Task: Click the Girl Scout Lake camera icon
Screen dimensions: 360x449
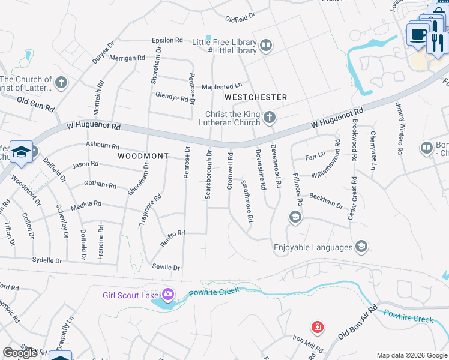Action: pos(167,294)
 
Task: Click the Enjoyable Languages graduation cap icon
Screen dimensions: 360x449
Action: pos(361,247)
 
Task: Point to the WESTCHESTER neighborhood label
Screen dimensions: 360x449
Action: pos(256,97)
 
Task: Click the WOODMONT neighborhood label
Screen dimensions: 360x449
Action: pos(143,156)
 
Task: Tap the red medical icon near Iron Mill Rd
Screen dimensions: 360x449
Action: pos(317,328)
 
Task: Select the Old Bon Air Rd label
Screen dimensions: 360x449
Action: pos(358,322)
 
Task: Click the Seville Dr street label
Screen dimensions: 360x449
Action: pos(167,267)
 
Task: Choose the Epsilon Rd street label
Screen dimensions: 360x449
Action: pos(167,40)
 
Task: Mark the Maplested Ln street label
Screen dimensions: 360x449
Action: pos(225,86)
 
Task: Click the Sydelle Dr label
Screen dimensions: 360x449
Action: pos(47,261)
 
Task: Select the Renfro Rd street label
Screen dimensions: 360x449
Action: pos(172,233)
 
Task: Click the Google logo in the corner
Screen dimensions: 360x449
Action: pos(19,353)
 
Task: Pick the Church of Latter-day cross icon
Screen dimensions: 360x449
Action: pos(61,82)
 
